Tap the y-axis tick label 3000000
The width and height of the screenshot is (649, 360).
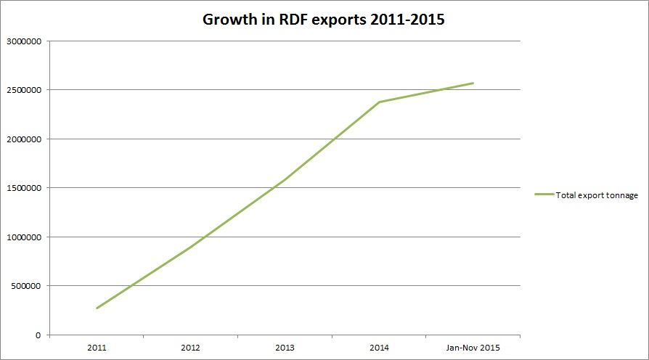pyautogui.click(x=23, y=41)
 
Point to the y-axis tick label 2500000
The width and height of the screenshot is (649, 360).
pyautogui.click(x=23, y=90)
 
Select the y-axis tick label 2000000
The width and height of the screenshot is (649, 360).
pyautogui.click(x=23, y=139)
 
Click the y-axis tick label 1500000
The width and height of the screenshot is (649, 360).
pyautogui.click(x=23, y=188)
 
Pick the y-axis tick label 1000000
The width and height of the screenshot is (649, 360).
pyautogui.click(x=23, y=237)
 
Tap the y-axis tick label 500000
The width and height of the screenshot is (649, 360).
pyautogui.click(x=25, y=286)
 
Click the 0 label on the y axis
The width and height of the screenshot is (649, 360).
pyautogui.click(x=39, y=335)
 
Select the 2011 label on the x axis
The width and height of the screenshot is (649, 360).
pyautogui.click(x=96, y=348)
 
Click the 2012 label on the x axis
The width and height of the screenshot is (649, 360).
pyautogui.click(x=190, y=348)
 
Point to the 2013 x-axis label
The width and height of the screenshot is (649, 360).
pyautogui.click(x=285, y=348)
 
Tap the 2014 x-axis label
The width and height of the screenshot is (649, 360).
pyautogui.click(x=379, y=348)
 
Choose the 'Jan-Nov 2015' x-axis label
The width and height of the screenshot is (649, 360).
pyautogui.click(x=473, y=348)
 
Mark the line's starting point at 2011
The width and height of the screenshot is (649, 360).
pyautogui.click(x=96, y=308)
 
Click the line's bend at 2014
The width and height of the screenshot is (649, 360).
pyautogui.click(x=379, y=102)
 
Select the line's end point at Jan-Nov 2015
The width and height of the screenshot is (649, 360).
pyautogui.click(x=473, y=83)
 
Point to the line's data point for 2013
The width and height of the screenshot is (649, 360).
pyautogui.click(x=285, y=179)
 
